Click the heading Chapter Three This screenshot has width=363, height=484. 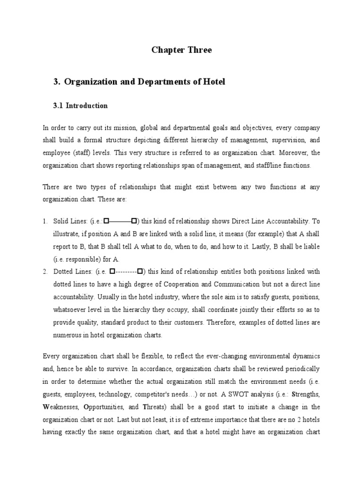click(181, 50)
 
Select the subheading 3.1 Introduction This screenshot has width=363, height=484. click(80, 106)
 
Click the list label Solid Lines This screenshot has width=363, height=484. click(70, 221)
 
